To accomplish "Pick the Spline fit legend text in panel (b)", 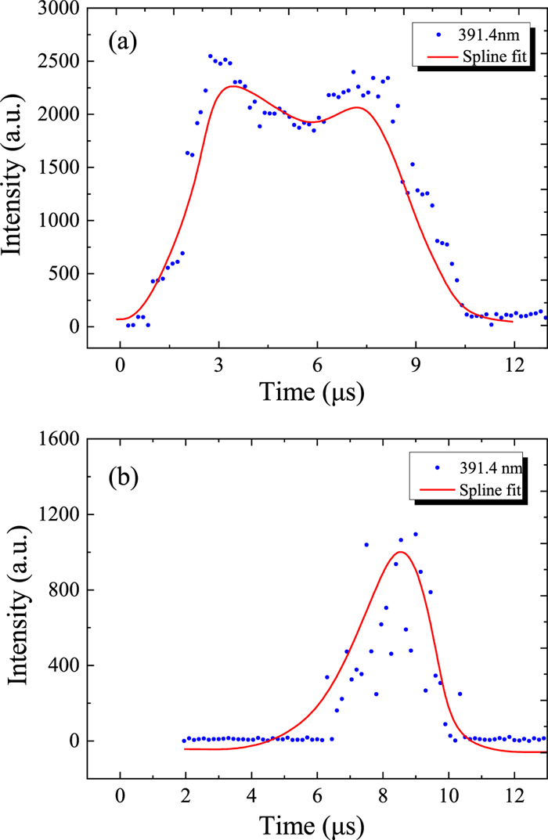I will [x=486, y=490].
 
